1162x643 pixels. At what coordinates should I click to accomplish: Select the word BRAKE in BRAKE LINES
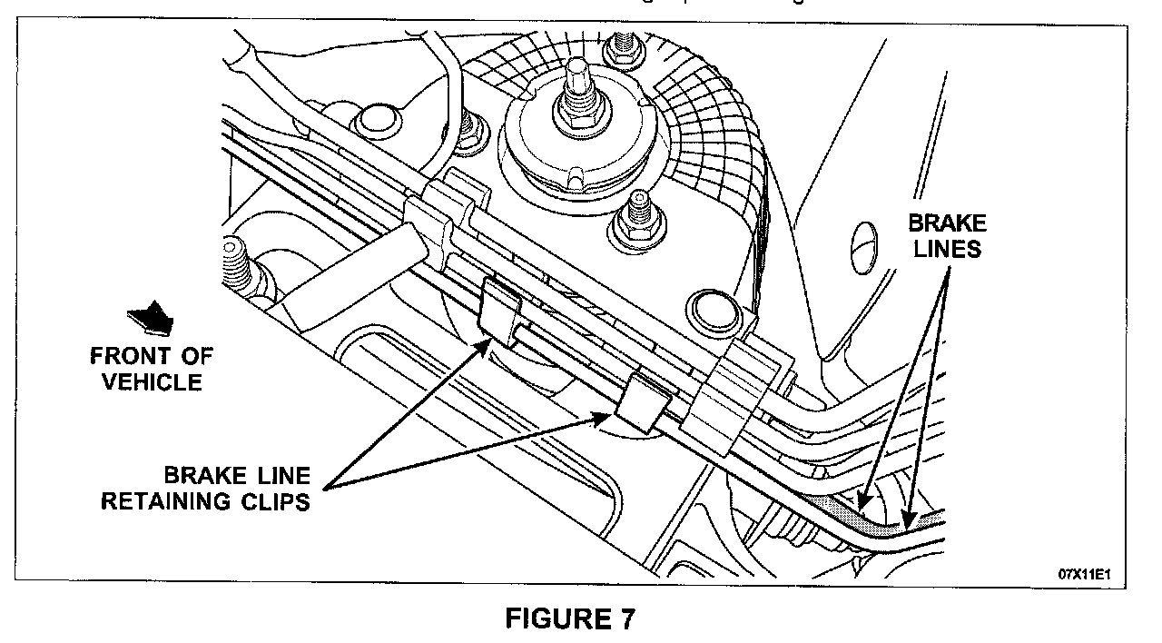(948, 223)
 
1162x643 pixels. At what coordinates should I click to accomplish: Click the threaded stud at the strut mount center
(576, 89)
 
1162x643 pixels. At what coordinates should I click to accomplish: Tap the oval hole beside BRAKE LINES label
(865, 243)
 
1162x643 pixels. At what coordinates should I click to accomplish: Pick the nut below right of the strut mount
(635, 221)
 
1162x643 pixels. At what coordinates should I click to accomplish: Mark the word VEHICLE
(152, 381)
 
